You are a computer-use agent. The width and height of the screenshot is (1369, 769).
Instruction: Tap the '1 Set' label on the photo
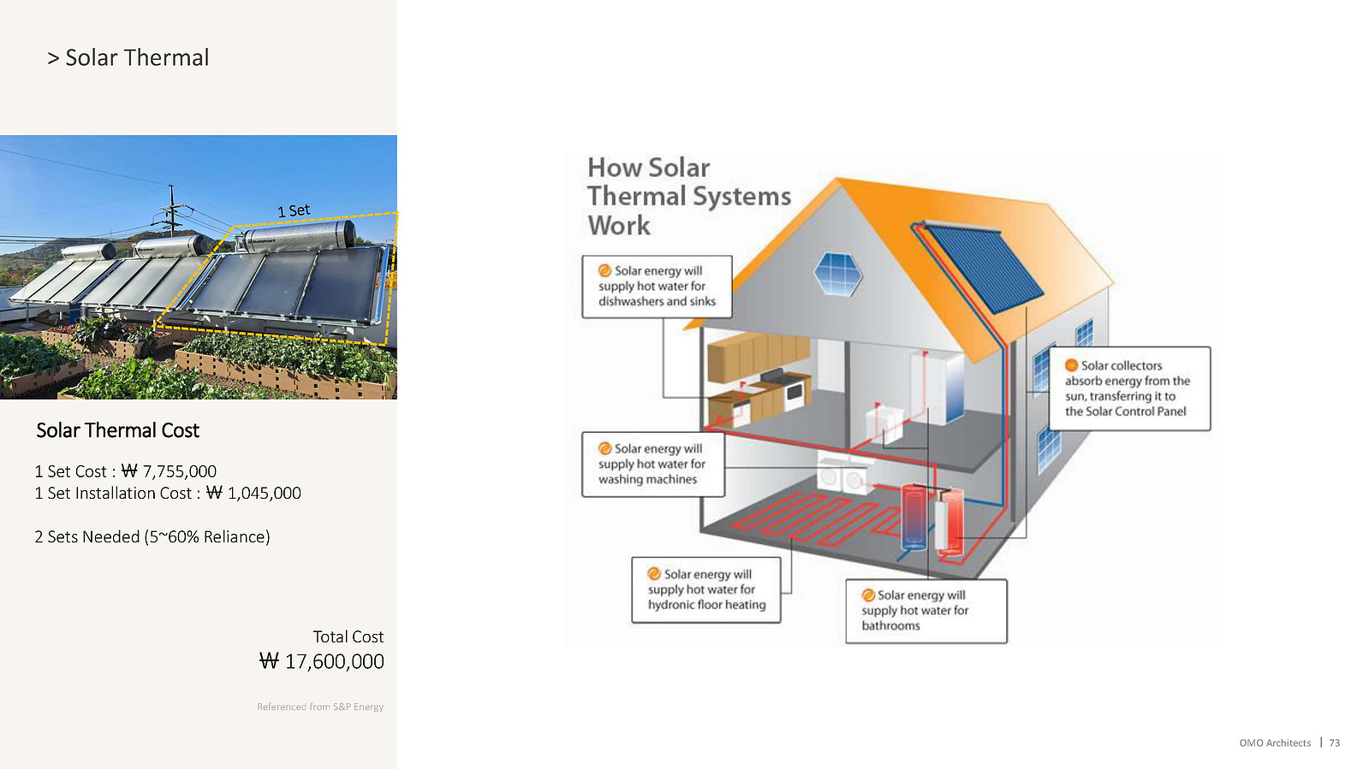point(294,210)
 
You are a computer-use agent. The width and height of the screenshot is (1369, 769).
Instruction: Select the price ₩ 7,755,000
point(169,471)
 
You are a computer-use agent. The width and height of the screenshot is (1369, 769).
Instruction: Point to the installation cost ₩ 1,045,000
point(253,493)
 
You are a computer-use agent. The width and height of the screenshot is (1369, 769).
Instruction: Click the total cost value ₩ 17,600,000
point(321,661)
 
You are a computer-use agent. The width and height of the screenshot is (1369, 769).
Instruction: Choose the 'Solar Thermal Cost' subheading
point(117,430)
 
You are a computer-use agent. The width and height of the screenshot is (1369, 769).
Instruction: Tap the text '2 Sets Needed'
point(87,537)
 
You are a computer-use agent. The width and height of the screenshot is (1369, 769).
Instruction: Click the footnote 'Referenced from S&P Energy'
point(320,707)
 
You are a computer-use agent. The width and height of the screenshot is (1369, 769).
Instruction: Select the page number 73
point(1334,742)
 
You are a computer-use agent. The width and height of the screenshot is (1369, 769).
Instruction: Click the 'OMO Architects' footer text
point(1275,742)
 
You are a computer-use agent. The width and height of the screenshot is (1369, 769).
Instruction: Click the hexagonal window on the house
point(838,274)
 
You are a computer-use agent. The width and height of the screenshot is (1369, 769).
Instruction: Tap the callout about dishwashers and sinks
point(657,287)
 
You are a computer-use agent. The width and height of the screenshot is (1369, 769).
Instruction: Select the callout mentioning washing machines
point(653,464)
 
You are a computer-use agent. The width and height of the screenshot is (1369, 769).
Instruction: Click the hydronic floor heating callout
point(705,589)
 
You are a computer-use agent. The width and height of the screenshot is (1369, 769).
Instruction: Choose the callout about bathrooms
point(926,611)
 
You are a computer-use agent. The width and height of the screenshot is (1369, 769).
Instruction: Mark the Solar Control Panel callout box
point(1129,388)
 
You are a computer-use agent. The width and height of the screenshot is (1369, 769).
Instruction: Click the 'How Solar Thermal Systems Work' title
point(688,196)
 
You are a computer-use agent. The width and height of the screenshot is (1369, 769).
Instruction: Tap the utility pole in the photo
point(172,210)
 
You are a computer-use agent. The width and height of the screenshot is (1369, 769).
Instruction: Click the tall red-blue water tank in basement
point(914,517)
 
